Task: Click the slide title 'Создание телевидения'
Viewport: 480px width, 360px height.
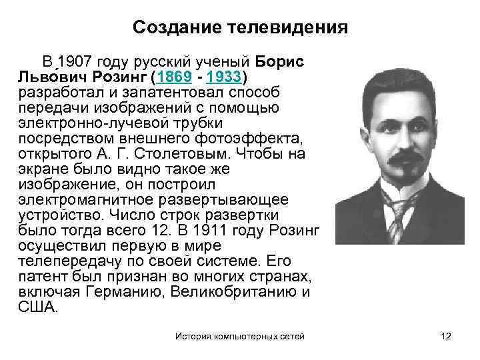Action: point(240,27)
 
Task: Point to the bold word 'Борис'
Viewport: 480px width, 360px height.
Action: point(279,61)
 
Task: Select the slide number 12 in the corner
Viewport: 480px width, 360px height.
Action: point(446,337)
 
